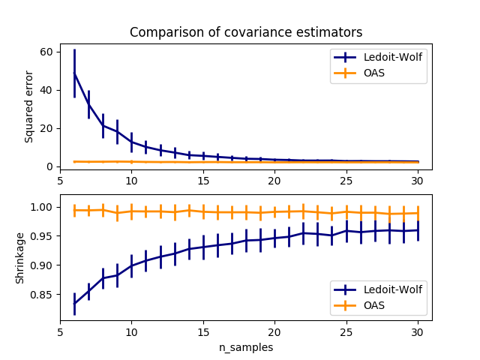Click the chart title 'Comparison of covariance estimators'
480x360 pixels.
pyautogui.click(x=246, y=32)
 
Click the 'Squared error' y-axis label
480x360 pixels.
pyautogui.click(x=29, y=107)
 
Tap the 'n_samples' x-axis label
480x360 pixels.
pyautogui.click(x=246, y=347)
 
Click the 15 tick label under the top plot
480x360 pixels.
pyautogui.click(x=203, y=180)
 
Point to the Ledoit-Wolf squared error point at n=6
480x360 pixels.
pyautogui.click(x=74, y=73)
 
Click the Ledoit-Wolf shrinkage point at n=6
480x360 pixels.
pyautogui.click(x=74, y=303)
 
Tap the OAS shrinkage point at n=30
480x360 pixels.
pyautogui.click(x=418, y=213)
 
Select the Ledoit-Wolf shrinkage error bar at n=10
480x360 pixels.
pyautogui.click(x=131, y=265)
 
